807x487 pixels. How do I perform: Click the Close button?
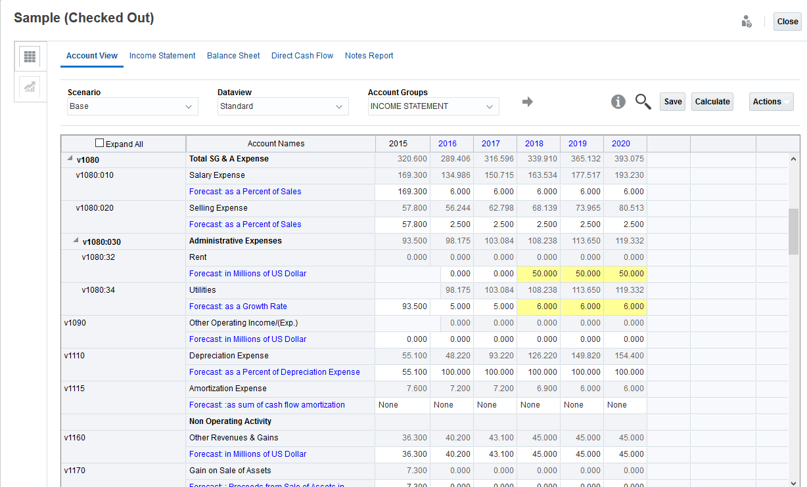tap(787, 22)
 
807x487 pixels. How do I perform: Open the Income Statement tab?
tap(162, 56)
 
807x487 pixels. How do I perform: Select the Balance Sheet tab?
tap(233, 56)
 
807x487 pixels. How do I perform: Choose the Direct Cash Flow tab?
tap(302, 56)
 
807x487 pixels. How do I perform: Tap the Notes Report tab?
tap(369, 56)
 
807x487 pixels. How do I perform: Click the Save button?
tap(672, 102)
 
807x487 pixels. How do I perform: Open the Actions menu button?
tap(771, 102)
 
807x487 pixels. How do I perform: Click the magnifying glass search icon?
tap(643, 102)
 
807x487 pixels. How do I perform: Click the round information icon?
tap(618, 102)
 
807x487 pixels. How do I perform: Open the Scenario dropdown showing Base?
tap(133, 106)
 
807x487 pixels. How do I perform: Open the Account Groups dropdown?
tap(433, 106)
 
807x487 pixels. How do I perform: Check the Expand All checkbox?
tap(100, 143)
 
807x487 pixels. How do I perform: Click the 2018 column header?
tap(534, 144)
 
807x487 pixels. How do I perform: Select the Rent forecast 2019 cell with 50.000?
tap(582, 274)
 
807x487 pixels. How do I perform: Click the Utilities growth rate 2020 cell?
tap(625, 307)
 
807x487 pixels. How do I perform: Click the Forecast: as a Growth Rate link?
tap(238, 307)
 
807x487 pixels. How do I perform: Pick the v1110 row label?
tap(75, 356)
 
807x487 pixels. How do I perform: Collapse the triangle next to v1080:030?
tap(76, 241)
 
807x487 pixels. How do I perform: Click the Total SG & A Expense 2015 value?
tap(403, 159)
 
